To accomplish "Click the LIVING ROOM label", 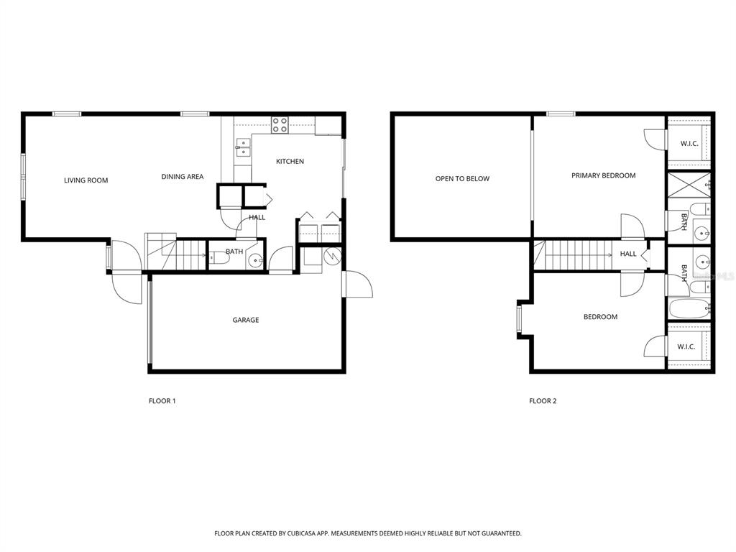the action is click(x=86, y=180).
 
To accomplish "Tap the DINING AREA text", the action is click(x=182, y=177).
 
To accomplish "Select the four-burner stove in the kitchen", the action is click(x=280, y=125).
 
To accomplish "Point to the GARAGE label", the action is click(x=246, y=320).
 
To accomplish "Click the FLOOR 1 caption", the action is click(x=162, y=401).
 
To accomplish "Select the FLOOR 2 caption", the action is click(x=543, y=401).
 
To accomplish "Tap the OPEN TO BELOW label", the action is click(x=462, y=178).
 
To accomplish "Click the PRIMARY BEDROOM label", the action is click(x=603, y=175).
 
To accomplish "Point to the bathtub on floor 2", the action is click(x=689, y=309).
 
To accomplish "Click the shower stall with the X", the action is click(x=689, y=185).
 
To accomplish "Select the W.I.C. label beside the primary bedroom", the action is click(x=689, y=143).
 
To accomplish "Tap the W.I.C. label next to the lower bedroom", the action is click(x=686, y=347).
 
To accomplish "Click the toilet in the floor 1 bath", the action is click(x=218, y=258).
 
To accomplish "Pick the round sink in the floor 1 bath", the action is click(x=255, y=260).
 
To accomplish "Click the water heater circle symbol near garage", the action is click(x=332, y=256).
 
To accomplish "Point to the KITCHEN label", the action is click(x=290, y=162).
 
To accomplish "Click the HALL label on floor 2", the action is click(x=628, y=254).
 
